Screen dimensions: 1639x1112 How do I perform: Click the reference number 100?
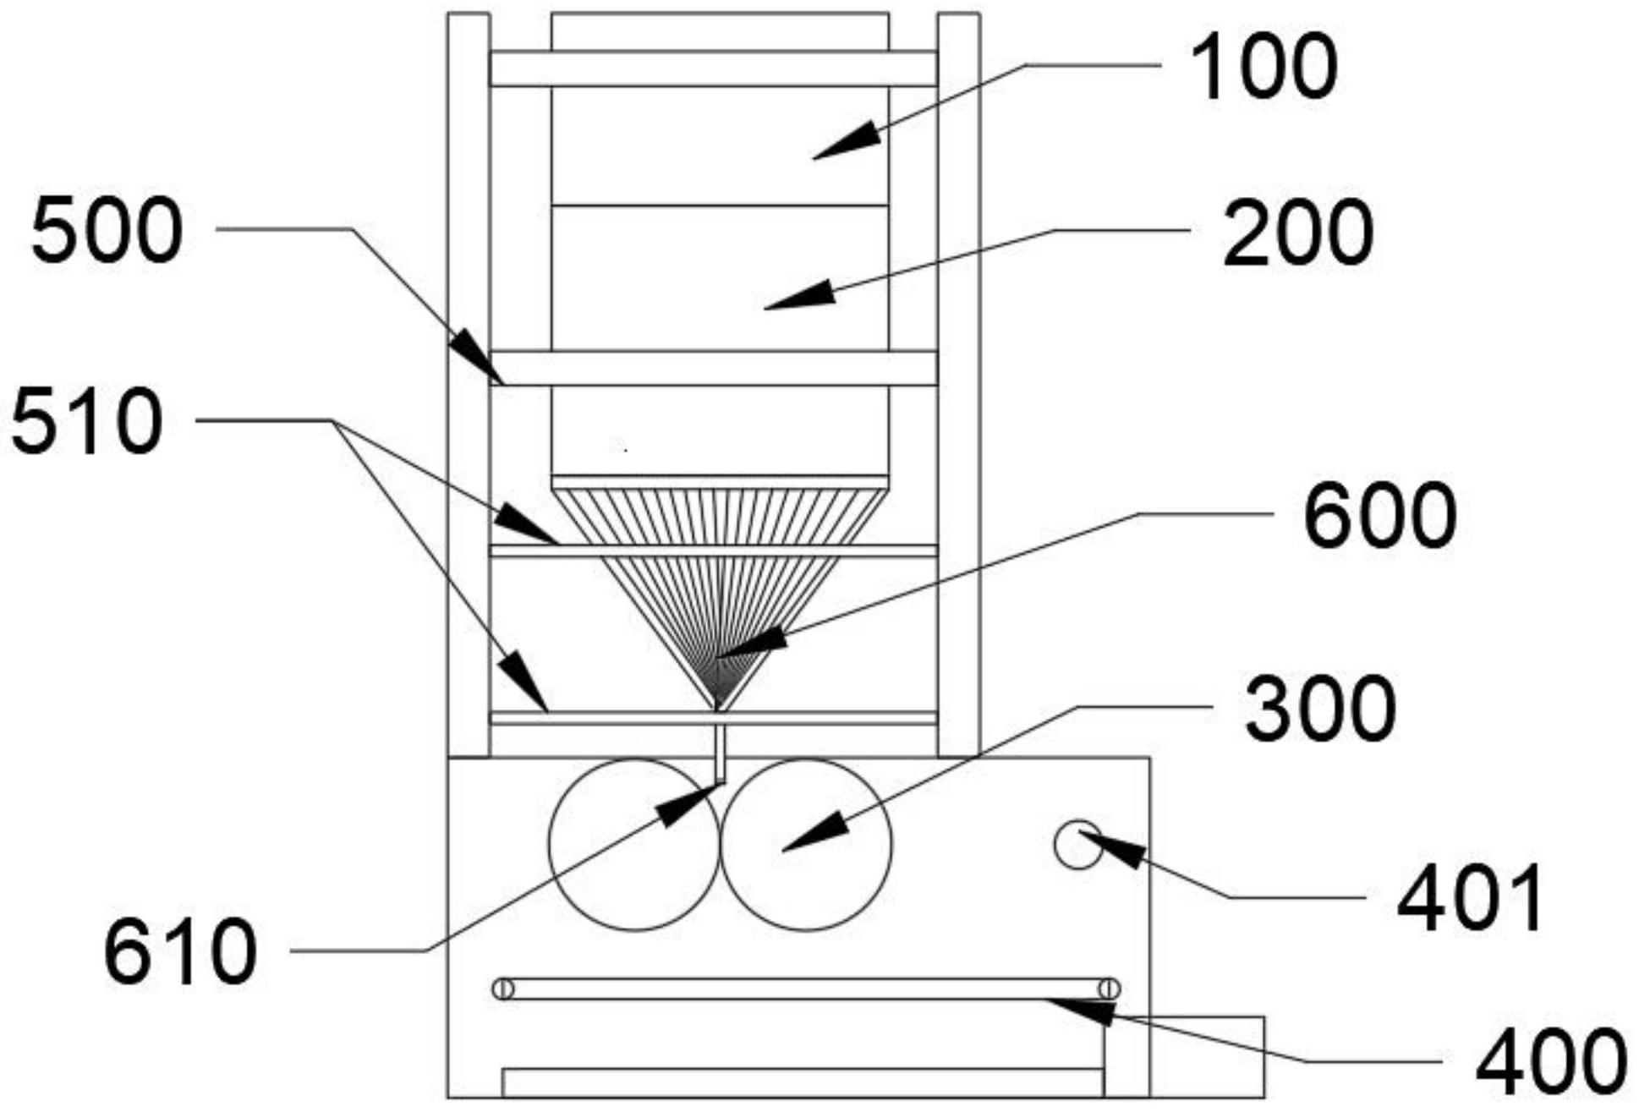tap(1264, 67)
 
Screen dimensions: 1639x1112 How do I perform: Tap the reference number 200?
tap(1297, 233)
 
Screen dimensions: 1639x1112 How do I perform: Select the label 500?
tap(107, 230)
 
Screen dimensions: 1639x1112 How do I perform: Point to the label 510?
tap(86, 422)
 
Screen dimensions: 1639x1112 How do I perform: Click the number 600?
tap(1379, 516)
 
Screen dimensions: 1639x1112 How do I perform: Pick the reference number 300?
tap(1319, 709)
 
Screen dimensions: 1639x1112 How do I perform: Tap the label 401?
tap(1470, 899)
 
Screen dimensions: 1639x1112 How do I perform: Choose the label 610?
tap(180, 952)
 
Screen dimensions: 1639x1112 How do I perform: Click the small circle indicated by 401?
tap(1078, 844)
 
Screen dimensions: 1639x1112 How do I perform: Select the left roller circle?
tap(634, 845)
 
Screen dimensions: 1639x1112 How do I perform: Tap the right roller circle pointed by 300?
tap(806, 845)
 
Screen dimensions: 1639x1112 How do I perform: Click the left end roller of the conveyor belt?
tap(503, 989)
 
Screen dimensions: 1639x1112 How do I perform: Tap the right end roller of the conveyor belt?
tap(1110, 989)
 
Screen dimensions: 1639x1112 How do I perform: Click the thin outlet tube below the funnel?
tap(720, 753)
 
